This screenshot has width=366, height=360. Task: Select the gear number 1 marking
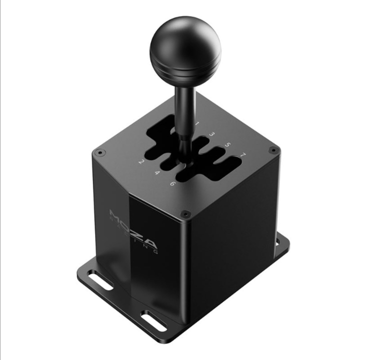click(197, 123)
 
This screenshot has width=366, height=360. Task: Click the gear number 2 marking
click(141, 161)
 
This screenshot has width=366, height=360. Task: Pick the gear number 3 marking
click(212, 134)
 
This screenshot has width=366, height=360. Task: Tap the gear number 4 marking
click(157, 172)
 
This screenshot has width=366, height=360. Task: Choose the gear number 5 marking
click(227, 145)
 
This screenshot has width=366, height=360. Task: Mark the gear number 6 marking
click(172, 183)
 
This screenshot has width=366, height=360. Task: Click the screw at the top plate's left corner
click(100, 152)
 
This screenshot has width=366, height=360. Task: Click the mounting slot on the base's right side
click(277, 241)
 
